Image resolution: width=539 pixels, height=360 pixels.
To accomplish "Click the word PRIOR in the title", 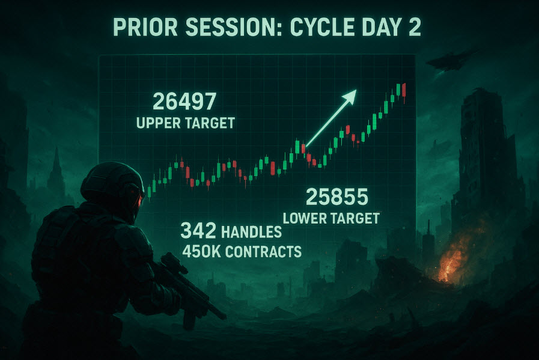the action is pyautogui.click(x=145, y=27).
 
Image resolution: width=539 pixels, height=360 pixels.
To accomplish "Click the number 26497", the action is pyautogui.click(x=184, y=101).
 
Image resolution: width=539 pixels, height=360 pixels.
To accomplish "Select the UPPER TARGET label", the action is pyautogui.click(x=186, y=123).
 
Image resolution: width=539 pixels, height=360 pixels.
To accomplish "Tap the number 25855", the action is pyautogui.click(x=337, y=197).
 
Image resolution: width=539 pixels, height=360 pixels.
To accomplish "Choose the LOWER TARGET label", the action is pyautogui.click(x=331, y=218).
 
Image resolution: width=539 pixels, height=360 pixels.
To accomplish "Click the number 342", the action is pyautogui.click(x=198, y=230).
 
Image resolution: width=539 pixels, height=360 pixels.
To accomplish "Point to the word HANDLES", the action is pyautogui.click(x=251, y=232).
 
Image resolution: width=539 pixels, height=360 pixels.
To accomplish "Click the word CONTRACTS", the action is pyautogui.click(x=263, y=251).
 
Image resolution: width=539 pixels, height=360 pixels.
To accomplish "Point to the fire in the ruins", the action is pyautogui.click(x=453, y=258).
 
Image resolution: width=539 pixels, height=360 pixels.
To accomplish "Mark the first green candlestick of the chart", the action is pyautogui.click(x=149, y=192).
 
